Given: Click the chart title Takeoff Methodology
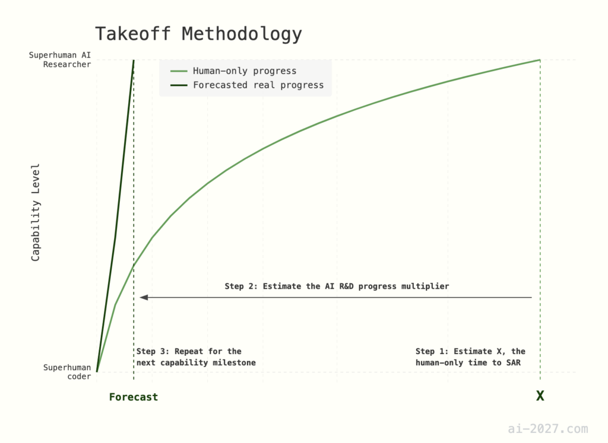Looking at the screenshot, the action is click(x=198, y=34).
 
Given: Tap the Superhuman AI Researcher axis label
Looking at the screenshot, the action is click(x=60, y=60).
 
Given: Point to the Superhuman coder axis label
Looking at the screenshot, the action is click(x=66, y=372).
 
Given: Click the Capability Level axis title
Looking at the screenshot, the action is click(x=36, y=212).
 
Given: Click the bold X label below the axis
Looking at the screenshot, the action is click(x=540, y=396).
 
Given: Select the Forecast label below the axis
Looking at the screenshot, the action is click(x=134, y=397).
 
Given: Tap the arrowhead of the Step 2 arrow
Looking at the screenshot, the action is click(x=144, y=297).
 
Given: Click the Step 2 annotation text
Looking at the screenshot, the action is click(x=337, y=286).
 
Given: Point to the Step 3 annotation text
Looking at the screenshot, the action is click(x=196, y=357).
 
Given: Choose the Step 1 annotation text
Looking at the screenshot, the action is click(x=470, y=357).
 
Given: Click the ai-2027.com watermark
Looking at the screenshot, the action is click(x=548, y=429).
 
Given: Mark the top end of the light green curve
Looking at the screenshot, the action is click(x=540, y=60).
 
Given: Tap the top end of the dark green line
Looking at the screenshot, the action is click(x=134, y=60).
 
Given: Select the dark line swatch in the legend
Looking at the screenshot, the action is click(x=179, y=85).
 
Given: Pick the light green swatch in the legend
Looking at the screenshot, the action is click(x=179, y=71).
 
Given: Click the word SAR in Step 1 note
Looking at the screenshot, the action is click(x=514, y=362).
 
